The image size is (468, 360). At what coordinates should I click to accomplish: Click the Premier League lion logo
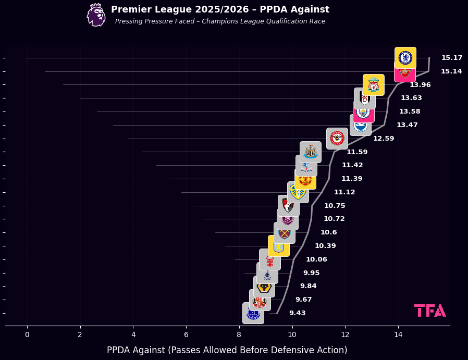click(x=96, y=15)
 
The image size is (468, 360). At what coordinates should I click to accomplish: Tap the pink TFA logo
click(x=430, y=311)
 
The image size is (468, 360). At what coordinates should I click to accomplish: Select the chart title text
click(x=220, y=9)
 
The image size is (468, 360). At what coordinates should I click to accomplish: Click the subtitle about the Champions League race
click(x=220, y=21)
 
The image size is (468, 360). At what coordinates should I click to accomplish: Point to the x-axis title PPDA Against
click(x=227, y=350)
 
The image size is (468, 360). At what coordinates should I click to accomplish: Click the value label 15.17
click(x=452, y=58)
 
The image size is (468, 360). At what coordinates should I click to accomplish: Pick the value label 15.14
click(x=451, y=71)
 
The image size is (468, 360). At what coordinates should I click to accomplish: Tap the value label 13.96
click(x=420, y=85)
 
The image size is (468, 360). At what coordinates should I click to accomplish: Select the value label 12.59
click(x=384, y=139)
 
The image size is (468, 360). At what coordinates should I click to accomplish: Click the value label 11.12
click(x=344, y=192)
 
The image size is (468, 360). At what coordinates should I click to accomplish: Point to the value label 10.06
click(x=316, y=259)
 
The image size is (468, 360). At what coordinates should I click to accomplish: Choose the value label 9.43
click(x=297, y=313)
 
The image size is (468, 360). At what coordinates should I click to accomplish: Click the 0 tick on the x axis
click(x=27, y=334)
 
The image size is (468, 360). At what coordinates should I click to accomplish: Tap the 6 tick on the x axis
click(x=186, y=334)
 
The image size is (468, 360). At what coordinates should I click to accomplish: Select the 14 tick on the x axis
click(x=398, y=334)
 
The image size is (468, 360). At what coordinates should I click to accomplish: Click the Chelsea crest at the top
click(x=405, y=57)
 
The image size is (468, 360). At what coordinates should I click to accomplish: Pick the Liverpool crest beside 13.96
click(x=373, y=85)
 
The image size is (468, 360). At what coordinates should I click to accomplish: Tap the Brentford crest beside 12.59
click(x=337, y=138)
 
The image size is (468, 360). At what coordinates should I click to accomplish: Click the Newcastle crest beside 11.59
click(x=311, y=152)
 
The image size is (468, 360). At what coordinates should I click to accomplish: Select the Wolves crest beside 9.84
click(x=264, y=287)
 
